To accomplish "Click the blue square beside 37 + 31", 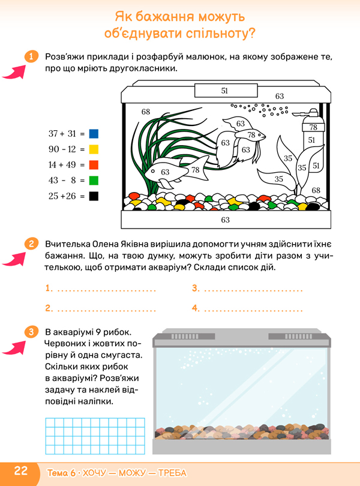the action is click(94, 134).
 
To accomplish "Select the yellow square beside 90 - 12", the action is click(94, 149).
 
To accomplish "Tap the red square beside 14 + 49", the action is click(94, 165).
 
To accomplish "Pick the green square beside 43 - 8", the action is click(94, 181).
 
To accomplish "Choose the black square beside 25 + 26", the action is click(94, 196).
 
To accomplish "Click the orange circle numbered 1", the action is click(31, 57).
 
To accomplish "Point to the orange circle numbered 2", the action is click(31, 244).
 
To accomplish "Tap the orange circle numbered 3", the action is click(31, 332).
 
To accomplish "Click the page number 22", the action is click(21, 470).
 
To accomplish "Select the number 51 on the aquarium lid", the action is click(224, 91).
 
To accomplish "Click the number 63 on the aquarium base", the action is click(226, 220).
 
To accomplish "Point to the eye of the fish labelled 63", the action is click(152, 171).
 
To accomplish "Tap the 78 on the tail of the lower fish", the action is click(196, 170).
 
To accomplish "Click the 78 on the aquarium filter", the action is click(313, 127).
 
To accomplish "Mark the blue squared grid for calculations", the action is click(95, 436).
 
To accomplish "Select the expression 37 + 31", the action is click(62, 134).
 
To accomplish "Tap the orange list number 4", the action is click(196, 308).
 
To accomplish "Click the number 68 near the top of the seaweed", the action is click(146, 112).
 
